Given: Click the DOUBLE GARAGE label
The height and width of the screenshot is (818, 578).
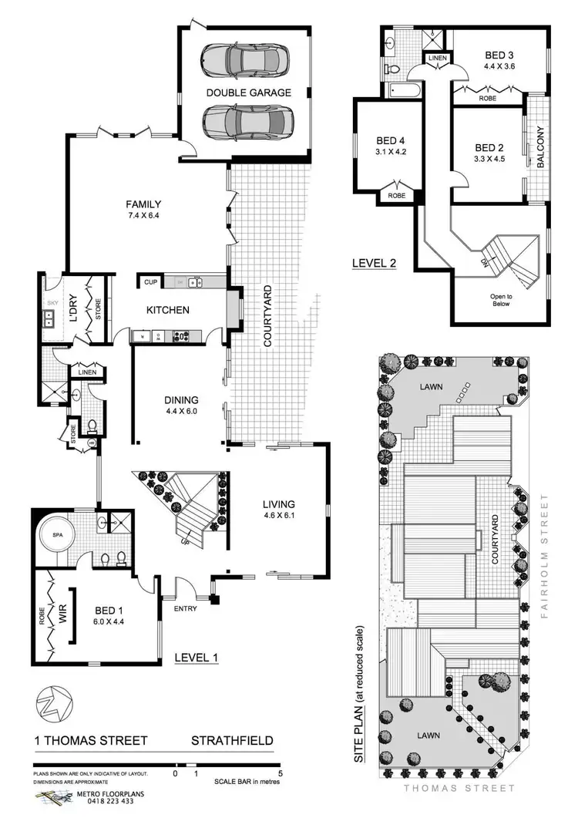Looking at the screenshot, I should (x=248, y=93).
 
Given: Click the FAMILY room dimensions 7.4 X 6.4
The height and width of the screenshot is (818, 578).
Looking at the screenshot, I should (x=144, y=217).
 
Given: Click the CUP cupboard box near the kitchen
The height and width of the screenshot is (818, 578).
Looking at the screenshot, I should (x=150, y=282).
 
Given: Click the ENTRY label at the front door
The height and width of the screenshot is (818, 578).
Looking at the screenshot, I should (x=187, y=609).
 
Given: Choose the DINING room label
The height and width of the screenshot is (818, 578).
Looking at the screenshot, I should (x=182, y=400).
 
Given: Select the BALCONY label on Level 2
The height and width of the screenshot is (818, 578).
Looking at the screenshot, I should (x=540, y=147).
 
